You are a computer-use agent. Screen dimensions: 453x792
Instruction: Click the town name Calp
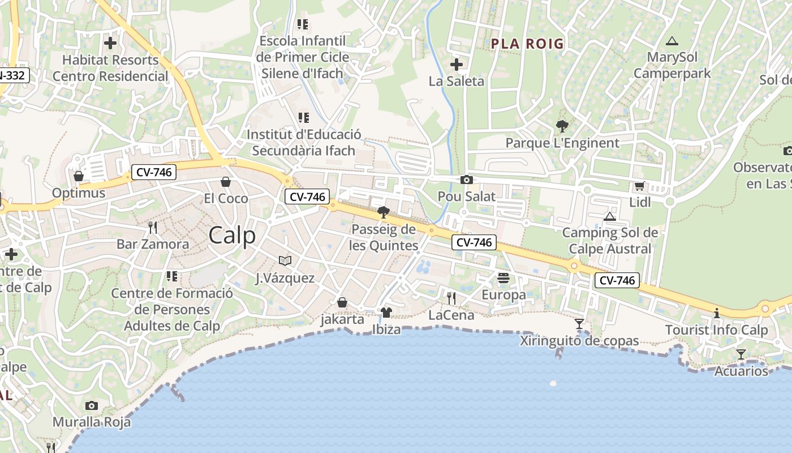[x=232, y=236]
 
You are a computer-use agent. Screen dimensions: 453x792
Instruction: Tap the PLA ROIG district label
[x=527, y=44]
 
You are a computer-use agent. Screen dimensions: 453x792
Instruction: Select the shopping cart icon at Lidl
[x=640, y=186]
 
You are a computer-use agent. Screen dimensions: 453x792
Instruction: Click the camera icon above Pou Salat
[x=467, y=180]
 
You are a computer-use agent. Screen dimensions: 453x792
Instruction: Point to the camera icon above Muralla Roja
[x=92, y=405]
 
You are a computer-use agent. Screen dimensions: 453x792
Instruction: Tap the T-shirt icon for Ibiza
[x=386, y=313]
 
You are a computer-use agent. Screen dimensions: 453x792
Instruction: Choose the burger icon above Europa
[x=503, y=278]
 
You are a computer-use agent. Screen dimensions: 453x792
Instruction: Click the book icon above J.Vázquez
[x=285, y=260]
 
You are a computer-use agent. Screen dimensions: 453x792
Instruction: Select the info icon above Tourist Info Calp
[x=717, y=313]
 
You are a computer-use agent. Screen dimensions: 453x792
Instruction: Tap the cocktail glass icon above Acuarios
[x=741, y=354]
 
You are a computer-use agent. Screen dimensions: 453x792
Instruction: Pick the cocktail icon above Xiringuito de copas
[x=579, y=324]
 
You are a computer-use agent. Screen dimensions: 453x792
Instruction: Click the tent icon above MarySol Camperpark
[x=672, y=41]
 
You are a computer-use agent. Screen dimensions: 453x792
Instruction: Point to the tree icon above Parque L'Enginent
[x=562, y=126]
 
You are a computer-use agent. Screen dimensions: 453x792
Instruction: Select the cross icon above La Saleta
[x=457, y=65]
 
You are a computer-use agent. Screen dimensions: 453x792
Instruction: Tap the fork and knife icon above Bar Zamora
[x=152, y=228]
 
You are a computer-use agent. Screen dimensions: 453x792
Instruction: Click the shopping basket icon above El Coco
[x=226, y=182]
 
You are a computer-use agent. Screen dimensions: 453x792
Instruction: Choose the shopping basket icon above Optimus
[x=79, y=176]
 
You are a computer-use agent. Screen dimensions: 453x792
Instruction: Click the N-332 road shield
[x=12, y=75]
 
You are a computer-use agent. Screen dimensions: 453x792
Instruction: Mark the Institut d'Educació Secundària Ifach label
[x=304, y=142]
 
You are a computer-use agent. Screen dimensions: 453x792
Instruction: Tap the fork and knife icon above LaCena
[x=451, y=298]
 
